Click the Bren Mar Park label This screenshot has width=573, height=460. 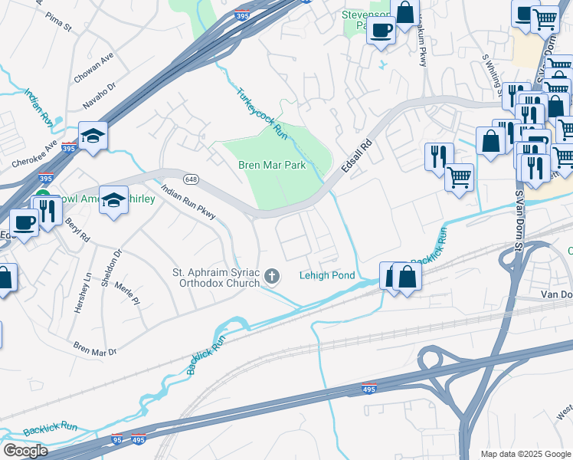click(271, 165)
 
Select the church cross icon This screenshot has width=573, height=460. click(271, 275)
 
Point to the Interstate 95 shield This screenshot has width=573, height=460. click(116, 439)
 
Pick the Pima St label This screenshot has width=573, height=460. click(57, 28)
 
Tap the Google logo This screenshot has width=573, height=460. click(25, 451)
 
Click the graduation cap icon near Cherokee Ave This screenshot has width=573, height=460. click(93, 136)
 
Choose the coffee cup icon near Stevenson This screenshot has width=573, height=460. click(381, 31)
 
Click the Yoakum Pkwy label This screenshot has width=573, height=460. click(422, 46)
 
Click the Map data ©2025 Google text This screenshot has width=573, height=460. click(525, 454)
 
